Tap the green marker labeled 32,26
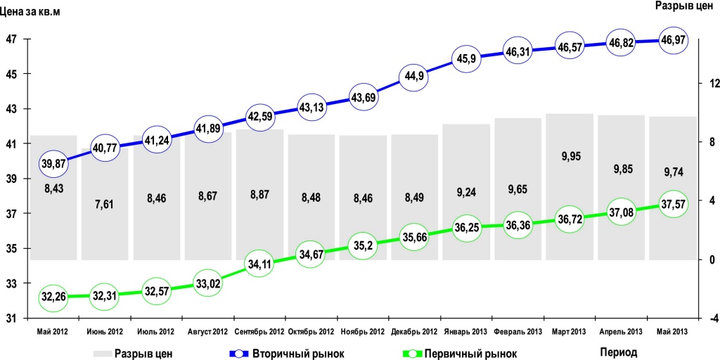pyautogui.click(x=53, y=297)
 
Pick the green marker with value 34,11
pyautogui.click(x=259, y=264)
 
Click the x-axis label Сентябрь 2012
pyautogui.click(x=259, y=331)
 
